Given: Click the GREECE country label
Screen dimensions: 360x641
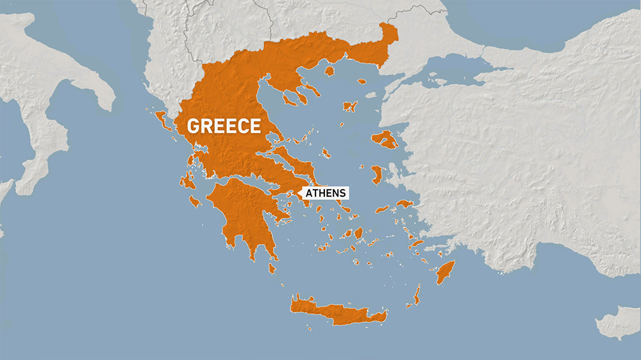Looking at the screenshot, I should pyautogui.click(x=224, y=126).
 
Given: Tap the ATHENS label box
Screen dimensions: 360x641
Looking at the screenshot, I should pyautogui.click(x=326, y=193).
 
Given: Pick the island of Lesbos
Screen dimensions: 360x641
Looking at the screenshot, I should pyautogui.click(x=385, y=139).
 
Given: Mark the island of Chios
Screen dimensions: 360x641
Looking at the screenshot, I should pyautogui.click(x=377, y=174).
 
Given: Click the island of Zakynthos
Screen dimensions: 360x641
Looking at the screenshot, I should pyautogui.click(x=195, y=201).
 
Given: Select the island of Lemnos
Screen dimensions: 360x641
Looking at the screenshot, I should pyautogui.click(x=350, y=106).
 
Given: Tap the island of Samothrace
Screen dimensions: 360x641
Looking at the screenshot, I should pyautogui.click(x=362, y=81).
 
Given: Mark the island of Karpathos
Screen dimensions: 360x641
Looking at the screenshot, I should pyautogui.click(x=417, y=295).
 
